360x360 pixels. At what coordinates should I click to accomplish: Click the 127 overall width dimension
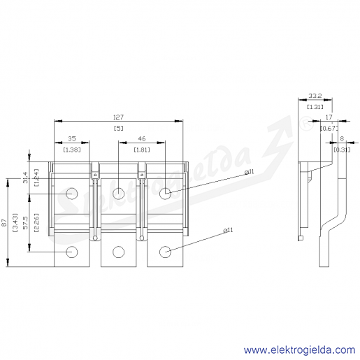[118, 117]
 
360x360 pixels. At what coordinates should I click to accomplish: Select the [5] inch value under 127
[118, 128]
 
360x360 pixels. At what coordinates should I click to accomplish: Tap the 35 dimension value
[72, 138]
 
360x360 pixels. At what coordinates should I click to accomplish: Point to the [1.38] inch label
[72, 150]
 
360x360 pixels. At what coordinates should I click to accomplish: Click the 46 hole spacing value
[142, 138]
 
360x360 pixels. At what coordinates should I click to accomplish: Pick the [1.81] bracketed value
[142, 150]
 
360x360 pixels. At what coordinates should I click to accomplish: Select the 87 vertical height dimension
[4, 222]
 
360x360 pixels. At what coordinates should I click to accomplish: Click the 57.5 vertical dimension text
[26, 222]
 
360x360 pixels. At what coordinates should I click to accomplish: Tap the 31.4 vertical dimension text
[26, 178]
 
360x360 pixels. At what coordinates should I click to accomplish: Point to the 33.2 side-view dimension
[315, 96]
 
